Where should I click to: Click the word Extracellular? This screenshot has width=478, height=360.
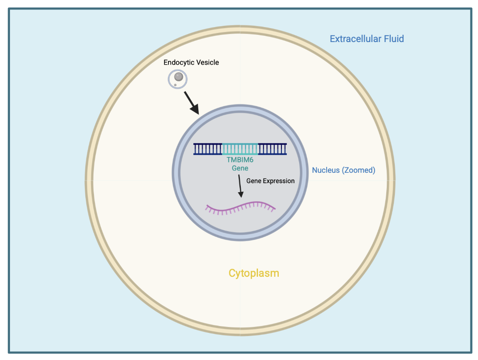pyautogui.click(x=355, y=39)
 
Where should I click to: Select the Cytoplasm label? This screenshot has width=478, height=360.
pyautogui.click(x=253, y=273)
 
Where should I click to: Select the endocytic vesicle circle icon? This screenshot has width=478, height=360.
pyautogui.click(x=178, y=79)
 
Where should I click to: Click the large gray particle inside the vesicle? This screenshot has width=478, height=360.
pyautogui.click(x=179, y=77)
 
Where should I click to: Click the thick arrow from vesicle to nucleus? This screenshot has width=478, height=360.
pyautogui.click(x=191, y=103)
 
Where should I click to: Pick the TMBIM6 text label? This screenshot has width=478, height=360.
pyautogui.click(x=240, y=160)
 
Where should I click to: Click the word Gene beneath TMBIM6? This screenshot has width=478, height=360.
pyautogui.click(x=240, y=168)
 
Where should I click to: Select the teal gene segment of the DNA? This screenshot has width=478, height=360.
pyautogui.click(x=240, y=149)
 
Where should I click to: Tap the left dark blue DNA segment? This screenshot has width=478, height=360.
pyautogui.click(x=208, y=149)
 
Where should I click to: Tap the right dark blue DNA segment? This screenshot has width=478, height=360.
pyautogui.click(x=272, y=149)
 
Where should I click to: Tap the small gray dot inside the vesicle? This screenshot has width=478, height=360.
pyautogui.click(x=175, y=85)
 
